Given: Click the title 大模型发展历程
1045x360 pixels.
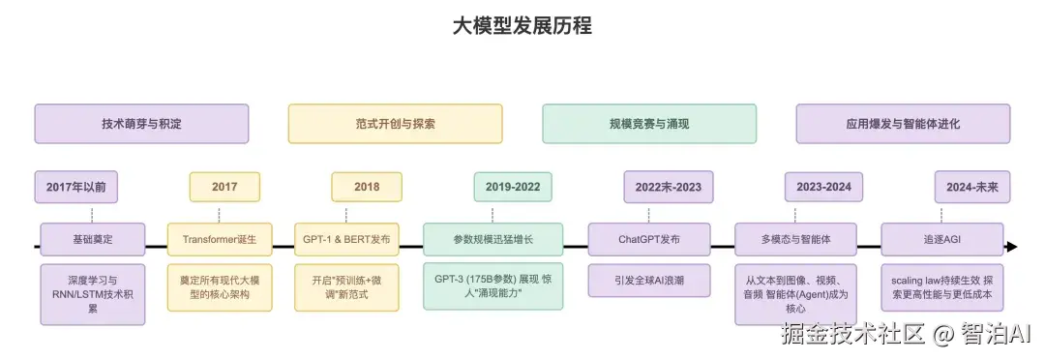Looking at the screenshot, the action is click(522, 26).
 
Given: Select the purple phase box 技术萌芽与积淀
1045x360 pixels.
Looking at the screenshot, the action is click(141, 124).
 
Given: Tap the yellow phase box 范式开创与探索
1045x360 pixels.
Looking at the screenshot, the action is click(395, 124).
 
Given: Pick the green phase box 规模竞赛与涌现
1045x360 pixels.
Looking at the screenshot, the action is click(648, 124).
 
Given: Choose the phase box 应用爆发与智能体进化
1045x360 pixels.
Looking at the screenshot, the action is click(903, 124).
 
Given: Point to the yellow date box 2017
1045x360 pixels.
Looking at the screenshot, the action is click(224, 187).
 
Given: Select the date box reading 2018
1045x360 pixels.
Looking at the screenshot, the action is click(367, 187).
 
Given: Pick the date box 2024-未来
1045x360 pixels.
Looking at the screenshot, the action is click(973, 187).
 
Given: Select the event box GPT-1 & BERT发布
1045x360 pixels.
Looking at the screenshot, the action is click(344, 238).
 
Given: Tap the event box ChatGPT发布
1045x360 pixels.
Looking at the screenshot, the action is click(648, 238).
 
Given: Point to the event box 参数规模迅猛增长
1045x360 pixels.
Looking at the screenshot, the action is click(493, 238).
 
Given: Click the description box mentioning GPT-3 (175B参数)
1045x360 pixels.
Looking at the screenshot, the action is click(493, 286).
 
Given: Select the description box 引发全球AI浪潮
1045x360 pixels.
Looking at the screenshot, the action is click(648, 280).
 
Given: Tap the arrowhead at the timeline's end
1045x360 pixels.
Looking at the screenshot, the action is click(1011, 247).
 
